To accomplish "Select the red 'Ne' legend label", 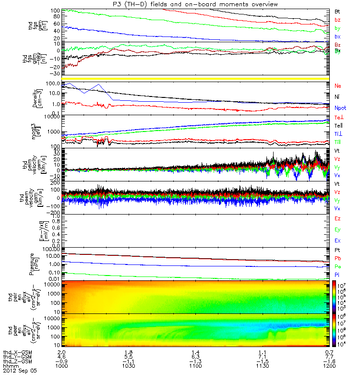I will [x=337, y=85].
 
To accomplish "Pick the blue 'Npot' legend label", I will [x=340, y=108].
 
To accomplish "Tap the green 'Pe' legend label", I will [x=337, y=266].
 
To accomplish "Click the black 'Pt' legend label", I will [x=337, y=251].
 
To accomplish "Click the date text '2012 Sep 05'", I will [x=20, y=371].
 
